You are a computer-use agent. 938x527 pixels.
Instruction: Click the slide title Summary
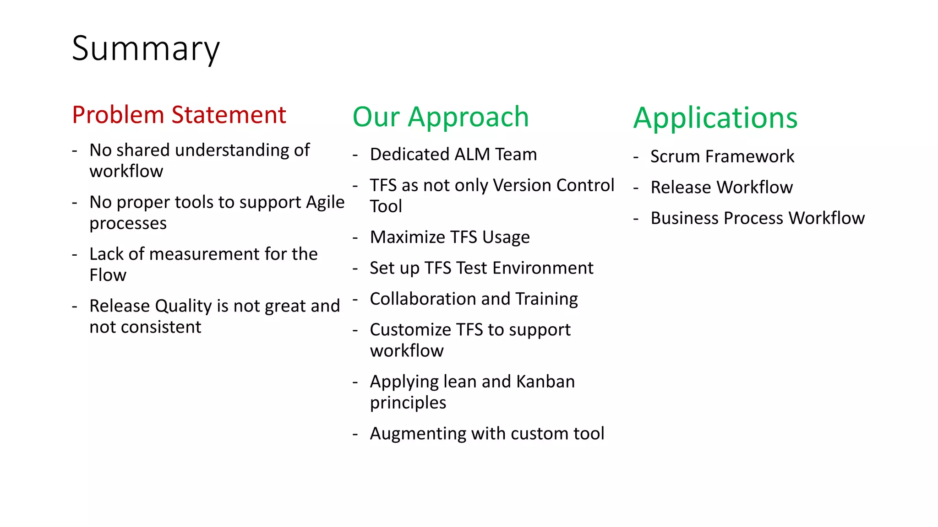(146, 49)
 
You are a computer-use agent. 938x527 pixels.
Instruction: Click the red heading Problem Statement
(179, 115)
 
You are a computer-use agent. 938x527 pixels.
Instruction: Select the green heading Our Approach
(441, 117)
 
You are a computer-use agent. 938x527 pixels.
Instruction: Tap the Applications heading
(715, 118)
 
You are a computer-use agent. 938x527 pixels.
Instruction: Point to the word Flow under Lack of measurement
(108, 275)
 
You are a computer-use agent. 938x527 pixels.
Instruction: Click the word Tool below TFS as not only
(386, 207)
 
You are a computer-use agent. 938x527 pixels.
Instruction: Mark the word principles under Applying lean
(408, 403)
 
